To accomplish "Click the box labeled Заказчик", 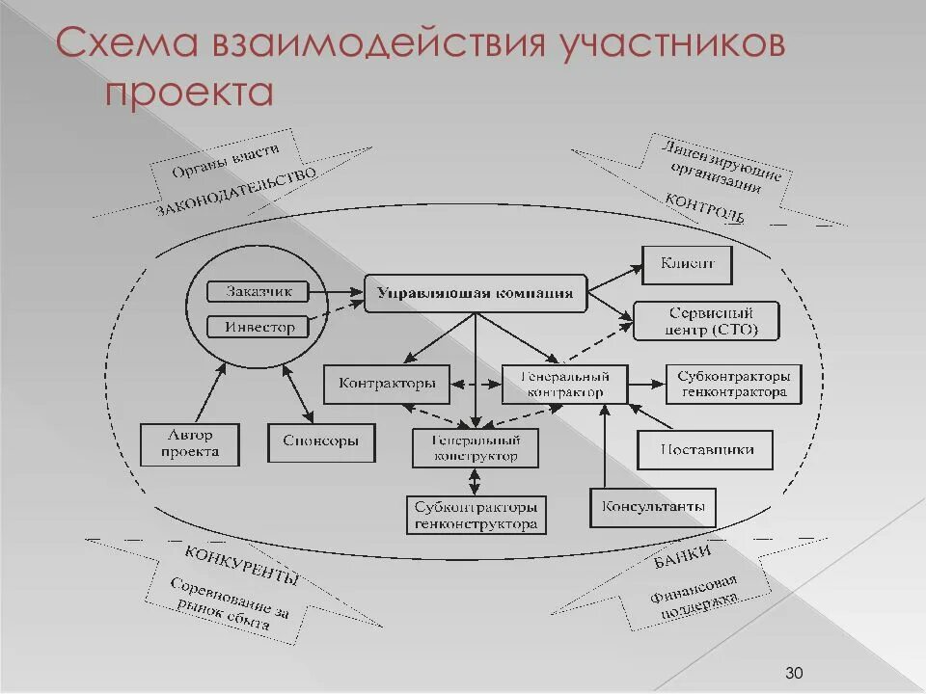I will click(x=259, y=291).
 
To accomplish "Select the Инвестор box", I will click(x=259, y=327).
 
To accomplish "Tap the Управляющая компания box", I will click(x=476, y=294).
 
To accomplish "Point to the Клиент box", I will click(x=688, y=264).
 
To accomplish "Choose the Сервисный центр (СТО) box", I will click(x=707, y=321).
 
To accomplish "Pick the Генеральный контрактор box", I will click(x=565, y=384).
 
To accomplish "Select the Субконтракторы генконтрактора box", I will click(x=733, y=384).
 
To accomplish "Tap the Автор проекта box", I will click(x=190, y=443).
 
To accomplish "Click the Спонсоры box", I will click(x=321, y=440).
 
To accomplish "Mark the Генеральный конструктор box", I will click(x=475, y=447).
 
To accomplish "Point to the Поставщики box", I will click(x=706, y=449).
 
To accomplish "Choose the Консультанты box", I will click(x=653, y=507).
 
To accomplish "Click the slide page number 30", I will click(x=795, y=672).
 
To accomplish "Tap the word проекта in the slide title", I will click(x=190, y=93).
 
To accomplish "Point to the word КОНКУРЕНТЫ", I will click(x=241, y=565).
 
